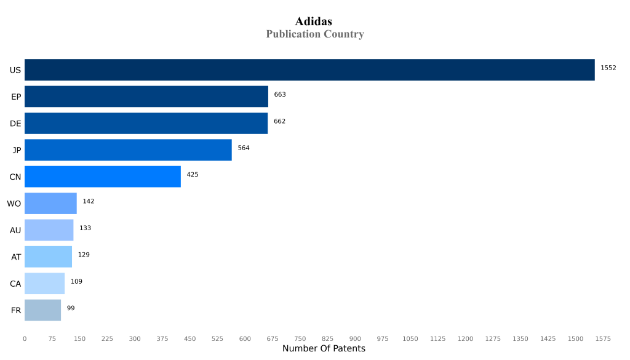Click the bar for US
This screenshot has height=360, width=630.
pos(309,70)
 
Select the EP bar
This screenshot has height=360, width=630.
pos(146,97)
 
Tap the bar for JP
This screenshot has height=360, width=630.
pos(128,150)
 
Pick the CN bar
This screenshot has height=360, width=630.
pos(103,177)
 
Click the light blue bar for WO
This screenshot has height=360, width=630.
pos(50,203)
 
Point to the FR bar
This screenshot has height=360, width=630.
pos(42,310)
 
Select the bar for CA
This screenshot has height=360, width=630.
pos(44,284)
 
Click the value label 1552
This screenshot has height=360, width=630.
pos(608,68)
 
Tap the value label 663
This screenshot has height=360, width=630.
pos(280,95)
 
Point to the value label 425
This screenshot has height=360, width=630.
pos(193,175)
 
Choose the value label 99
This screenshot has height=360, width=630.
pos(71,308)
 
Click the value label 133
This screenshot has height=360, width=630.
pos(85,228)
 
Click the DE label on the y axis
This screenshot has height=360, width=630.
pos(15,124)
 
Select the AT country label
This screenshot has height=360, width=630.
pos(16,257)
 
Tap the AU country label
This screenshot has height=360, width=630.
pos(15,230)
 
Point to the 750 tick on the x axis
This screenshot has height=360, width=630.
pos(300,338)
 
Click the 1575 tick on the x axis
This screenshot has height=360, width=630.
pos(603,338)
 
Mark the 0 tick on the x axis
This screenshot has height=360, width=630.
pos(25,338)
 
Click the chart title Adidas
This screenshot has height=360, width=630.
pos(314,22)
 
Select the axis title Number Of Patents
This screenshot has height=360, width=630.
pos(324,349)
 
